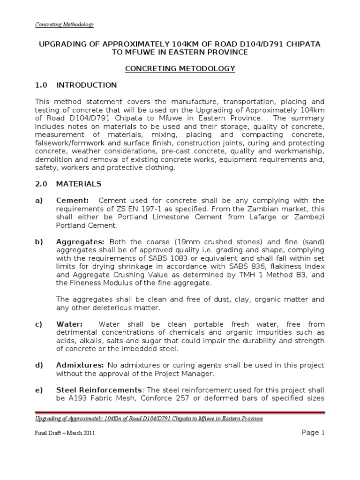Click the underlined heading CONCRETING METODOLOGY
[x=180, y=68]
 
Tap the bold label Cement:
[x=72, y=201]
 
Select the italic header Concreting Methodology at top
[x=65, y=24]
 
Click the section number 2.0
[x=42, y=184]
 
